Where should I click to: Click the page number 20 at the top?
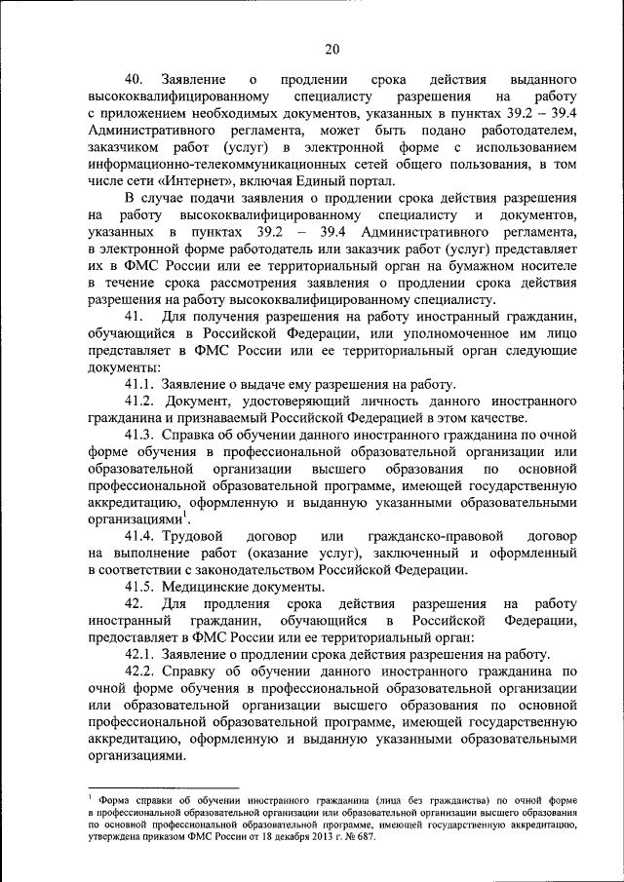point(331,50)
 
